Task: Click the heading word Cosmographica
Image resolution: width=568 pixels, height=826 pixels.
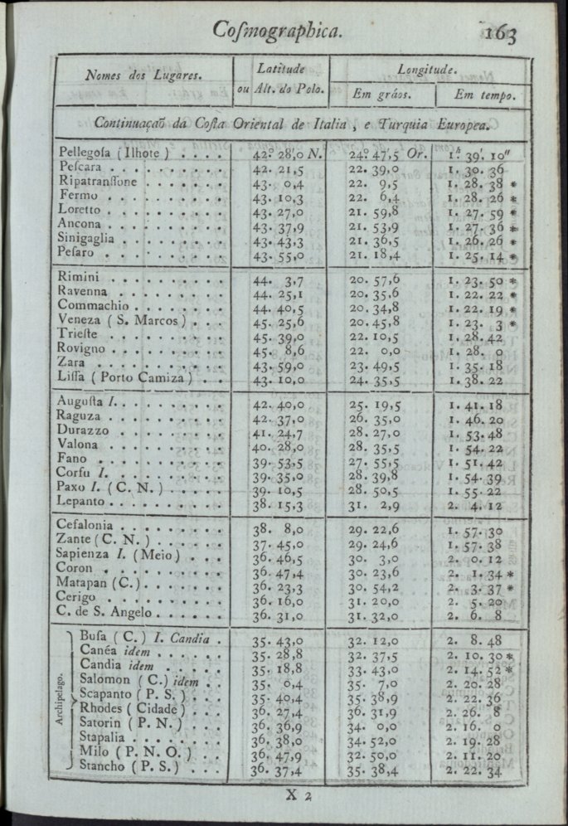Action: [277, 31]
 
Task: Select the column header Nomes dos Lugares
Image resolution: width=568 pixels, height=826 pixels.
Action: [143, 75]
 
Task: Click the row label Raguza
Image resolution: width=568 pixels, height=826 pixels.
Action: [81, 420]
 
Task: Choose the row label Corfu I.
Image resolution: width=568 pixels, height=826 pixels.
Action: [85, 476]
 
